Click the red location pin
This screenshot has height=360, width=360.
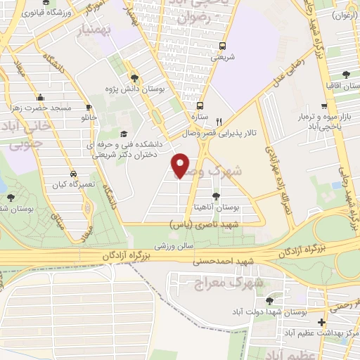pyautogui.click(x=181, y=165)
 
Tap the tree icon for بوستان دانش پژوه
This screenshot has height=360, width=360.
pyautogui.click(x=134, y=78)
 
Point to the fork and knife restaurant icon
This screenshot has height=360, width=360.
pyautogui.click(x=219, y=121)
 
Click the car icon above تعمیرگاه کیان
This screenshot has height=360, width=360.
pyautogui.click(x=73, y=173)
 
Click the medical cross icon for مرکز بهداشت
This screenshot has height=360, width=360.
pyautogui.click(x=321, y=323)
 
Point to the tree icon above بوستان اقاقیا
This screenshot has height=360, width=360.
pyautogui.click(x=345, y=74)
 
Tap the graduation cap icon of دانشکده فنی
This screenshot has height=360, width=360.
pyautogui.click(x=124, y=134)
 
